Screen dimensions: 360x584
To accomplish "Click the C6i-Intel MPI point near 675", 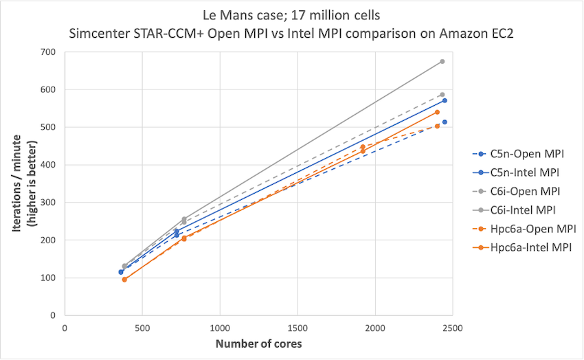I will (x=442, y=61).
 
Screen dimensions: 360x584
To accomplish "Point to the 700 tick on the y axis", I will (x=47, y=52).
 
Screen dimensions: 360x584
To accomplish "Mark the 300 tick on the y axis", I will (x=47, y=203).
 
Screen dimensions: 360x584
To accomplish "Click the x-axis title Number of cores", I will (x=258, y=344).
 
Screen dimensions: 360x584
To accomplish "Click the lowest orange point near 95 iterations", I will (x=124, y=280).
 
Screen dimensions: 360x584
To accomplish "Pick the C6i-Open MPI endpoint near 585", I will (x=442, y=95).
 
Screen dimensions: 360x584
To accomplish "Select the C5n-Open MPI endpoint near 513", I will (x=445, y=122).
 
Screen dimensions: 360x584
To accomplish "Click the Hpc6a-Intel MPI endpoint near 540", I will (x=437, y=112).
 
